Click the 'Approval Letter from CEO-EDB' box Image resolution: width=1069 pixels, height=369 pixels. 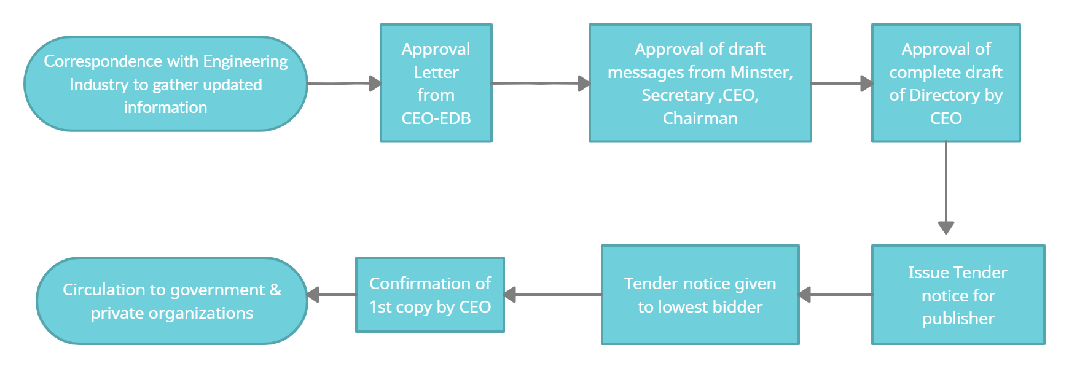click(436, 83)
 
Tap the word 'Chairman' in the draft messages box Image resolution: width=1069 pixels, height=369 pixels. click(700, 118)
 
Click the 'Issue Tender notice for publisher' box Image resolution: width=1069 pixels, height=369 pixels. click(958, 295)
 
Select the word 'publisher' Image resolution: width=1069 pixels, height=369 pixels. click(958, 319)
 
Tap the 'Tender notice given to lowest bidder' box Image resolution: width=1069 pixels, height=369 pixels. click(700, 295)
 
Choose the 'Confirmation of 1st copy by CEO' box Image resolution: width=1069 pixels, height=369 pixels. click(429, 295)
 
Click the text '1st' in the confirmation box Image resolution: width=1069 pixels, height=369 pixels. click(380, 307)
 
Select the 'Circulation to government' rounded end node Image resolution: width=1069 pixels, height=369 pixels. click(171, 300)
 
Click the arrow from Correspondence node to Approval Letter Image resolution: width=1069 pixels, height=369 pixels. click(344, 83)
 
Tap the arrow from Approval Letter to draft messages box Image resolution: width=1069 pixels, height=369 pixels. click(541, 83)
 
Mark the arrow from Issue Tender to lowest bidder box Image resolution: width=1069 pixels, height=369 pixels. click(836, 295)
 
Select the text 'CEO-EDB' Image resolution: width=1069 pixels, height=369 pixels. click(436, 118)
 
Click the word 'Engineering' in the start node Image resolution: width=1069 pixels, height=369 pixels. click(245, 61)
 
